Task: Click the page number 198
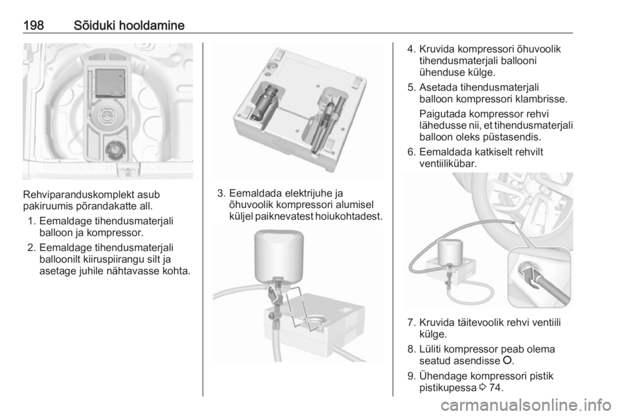(x=33, y=25)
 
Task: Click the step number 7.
(x=411, y=323)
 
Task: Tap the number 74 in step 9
(x=494, y=387)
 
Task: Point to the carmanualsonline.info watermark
(x=526, y=405)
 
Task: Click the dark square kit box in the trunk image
(x=110, y=83)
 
